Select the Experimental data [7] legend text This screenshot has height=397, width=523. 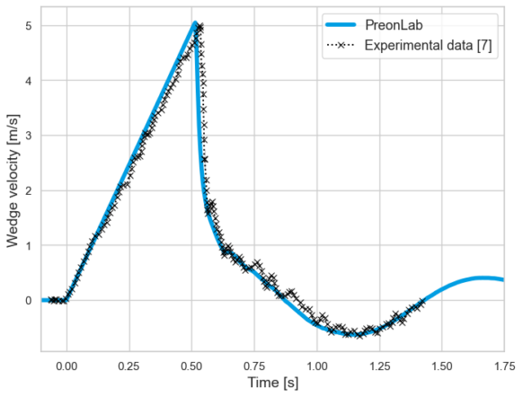click(x=433, y=44)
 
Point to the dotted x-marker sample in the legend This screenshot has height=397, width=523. click(x=346, y=44)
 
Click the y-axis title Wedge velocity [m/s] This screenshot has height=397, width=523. click(x=12, y=181)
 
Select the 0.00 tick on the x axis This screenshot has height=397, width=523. click(x=66, y=366)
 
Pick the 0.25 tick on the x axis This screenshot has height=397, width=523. click(x=129, y=366)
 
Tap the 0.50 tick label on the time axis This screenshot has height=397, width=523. click(x=191, y=366)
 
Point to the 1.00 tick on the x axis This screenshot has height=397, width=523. click(x=317, y=366)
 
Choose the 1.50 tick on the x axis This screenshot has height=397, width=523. click(x=442, y=366)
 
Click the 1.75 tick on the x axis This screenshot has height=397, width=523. click(x=503, y=366)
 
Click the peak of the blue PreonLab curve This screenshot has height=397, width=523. click(x=194, y=24)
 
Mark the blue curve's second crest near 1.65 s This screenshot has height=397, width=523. click(x=483, y=278)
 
